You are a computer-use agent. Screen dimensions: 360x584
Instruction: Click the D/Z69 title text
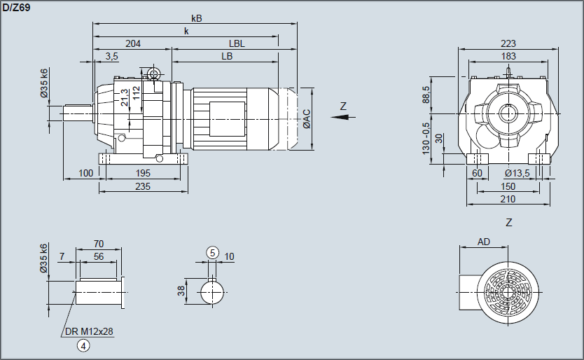16,6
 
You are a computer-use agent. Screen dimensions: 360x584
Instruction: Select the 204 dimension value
133,43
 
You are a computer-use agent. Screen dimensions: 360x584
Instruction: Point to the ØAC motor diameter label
307,119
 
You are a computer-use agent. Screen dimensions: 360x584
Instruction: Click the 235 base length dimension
143,186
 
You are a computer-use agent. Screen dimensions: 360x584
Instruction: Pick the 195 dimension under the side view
143,173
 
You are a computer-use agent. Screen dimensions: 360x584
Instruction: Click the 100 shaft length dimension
86,173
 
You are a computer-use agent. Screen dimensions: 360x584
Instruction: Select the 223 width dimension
508,43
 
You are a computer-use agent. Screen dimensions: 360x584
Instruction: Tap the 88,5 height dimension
426,93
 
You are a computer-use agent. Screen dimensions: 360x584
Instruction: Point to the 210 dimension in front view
508,200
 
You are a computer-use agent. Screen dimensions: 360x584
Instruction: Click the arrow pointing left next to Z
341,118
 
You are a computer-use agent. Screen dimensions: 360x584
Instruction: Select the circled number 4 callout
83,345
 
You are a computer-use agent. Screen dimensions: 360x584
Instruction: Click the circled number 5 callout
212,252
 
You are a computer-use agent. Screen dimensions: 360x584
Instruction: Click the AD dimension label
484,242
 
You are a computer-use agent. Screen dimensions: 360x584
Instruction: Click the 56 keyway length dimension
99,258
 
